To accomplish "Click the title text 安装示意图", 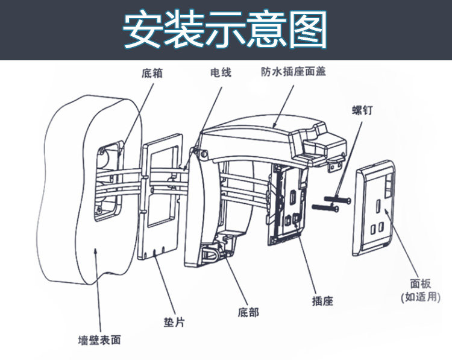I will pos(225,30).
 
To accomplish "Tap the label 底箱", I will pos(152,74).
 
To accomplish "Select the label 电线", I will pos(220,73).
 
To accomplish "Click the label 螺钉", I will pos(362,110).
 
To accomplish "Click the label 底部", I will pos(248,312).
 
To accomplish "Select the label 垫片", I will pos(174,322).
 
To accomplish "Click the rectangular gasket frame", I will pos(157,200).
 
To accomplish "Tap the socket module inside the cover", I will pos(289,205).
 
